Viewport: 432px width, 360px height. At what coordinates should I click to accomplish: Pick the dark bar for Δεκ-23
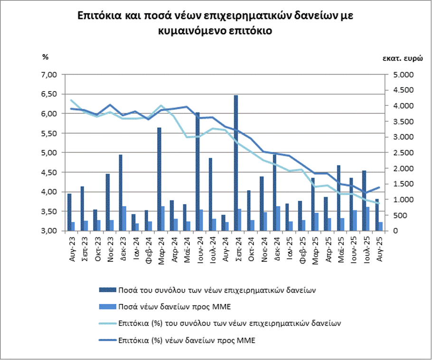121,192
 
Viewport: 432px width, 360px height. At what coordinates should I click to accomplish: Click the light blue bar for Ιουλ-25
367,218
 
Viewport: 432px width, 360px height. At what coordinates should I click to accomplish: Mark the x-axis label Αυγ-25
380,246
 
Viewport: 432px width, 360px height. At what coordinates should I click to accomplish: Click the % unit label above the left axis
46,57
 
